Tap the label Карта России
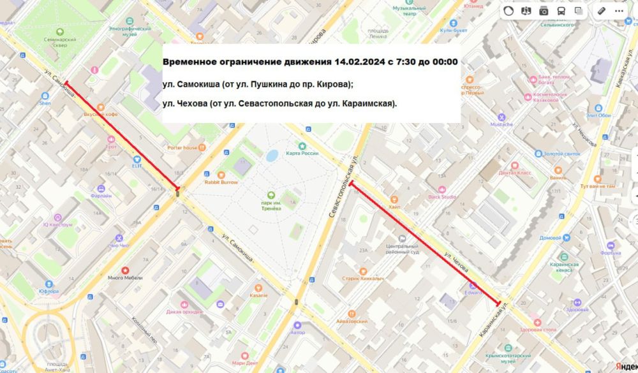[302, 153]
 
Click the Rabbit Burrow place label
[221, 182]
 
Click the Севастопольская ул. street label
[343, 188]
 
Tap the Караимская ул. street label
[494, 320]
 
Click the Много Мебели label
[125, 277]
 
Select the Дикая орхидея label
[184, 312]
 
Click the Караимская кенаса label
[564, 267]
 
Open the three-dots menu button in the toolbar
[619, 11]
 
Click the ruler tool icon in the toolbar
[601, 11]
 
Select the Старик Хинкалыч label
[380, 279]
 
